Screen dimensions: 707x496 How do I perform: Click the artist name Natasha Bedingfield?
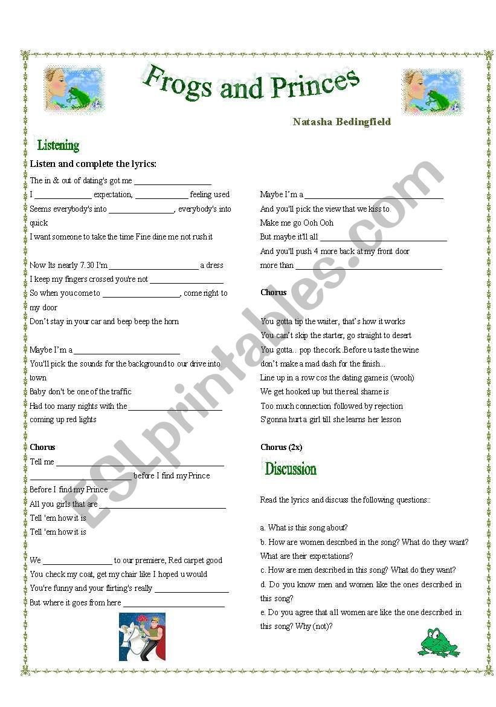click(341, 122)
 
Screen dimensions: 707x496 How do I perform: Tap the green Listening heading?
click(58, 145)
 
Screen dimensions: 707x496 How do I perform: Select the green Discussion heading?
click(291, 469)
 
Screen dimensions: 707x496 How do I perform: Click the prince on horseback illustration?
click(142, 636)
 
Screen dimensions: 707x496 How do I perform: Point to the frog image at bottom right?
click(439, 642)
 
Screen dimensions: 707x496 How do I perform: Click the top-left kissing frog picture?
click(74, 90)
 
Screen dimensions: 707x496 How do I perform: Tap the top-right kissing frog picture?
click(433, 91)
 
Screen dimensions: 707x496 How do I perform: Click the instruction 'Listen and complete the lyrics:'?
click(93, 164)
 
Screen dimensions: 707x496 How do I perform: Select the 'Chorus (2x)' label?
click(281, 447)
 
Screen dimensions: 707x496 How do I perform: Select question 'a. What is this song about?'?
click(304, 527)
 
